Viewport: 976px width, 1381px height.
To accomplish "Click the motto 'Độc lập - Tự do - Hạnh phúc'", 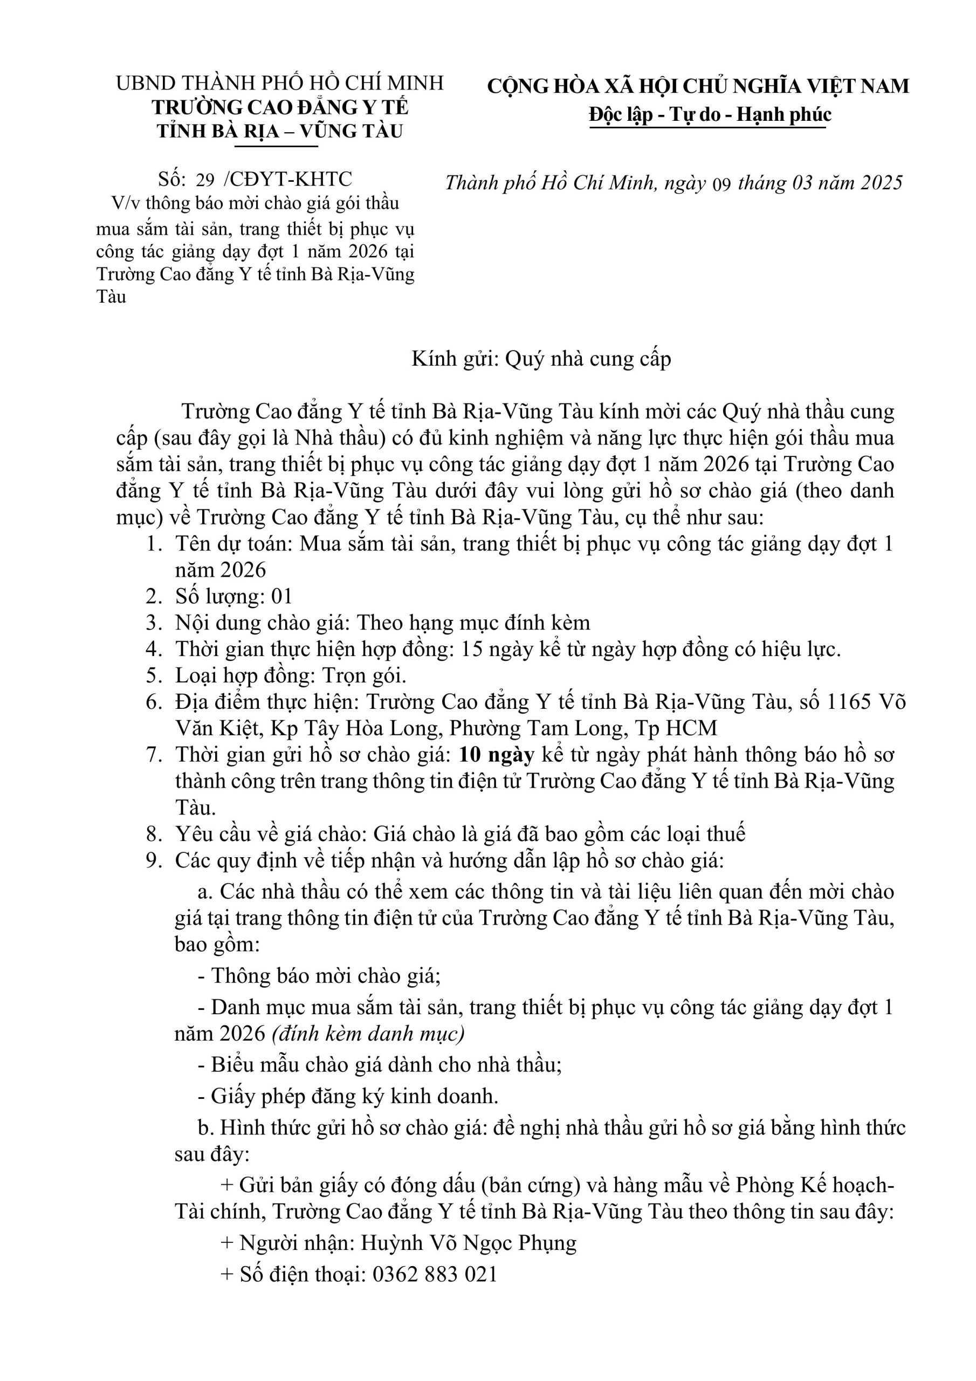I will [710, 114].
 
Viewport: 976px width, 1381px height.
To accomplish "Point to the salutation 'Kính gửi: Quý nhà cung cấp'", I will [541, 359].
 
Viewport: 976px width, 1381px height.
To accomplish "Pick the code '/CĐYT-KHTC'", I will [287, 179].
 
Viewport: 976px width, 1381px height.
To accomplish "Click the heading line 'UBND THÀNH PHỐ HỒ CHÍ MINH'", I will [280, 83].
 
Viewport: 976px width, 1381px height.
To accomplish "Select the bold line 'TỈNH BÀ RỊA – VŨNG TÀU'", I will [280, 131].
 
